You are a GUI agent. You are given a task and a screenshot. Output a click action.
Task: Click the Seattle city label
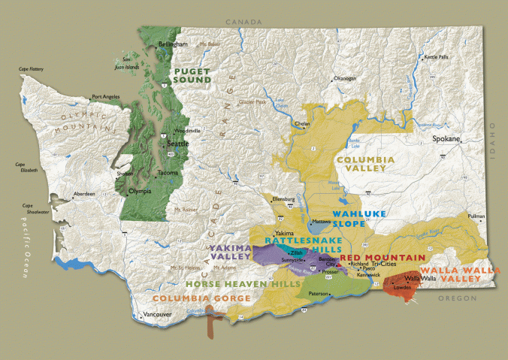click(x=177, y=144)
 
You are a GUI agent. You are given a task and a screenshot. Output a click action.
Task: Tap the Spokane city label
click(x=446, y=141)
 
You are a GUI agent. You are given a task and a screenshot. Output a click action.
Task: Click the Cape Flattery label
click(x=32, y=69)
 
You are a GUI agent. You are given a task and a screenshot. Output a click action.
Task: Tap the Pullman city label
click(x=476, y=216)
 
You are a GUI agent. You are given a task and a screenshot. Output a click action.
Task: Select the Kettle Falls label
click(x=437, y=57)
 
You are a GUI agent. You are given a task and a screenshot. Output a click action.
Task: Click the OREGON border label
click(x=458, y=298)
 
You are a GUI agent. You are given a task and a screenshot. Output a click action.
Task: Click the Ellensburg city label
click(x=284, y=199)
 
